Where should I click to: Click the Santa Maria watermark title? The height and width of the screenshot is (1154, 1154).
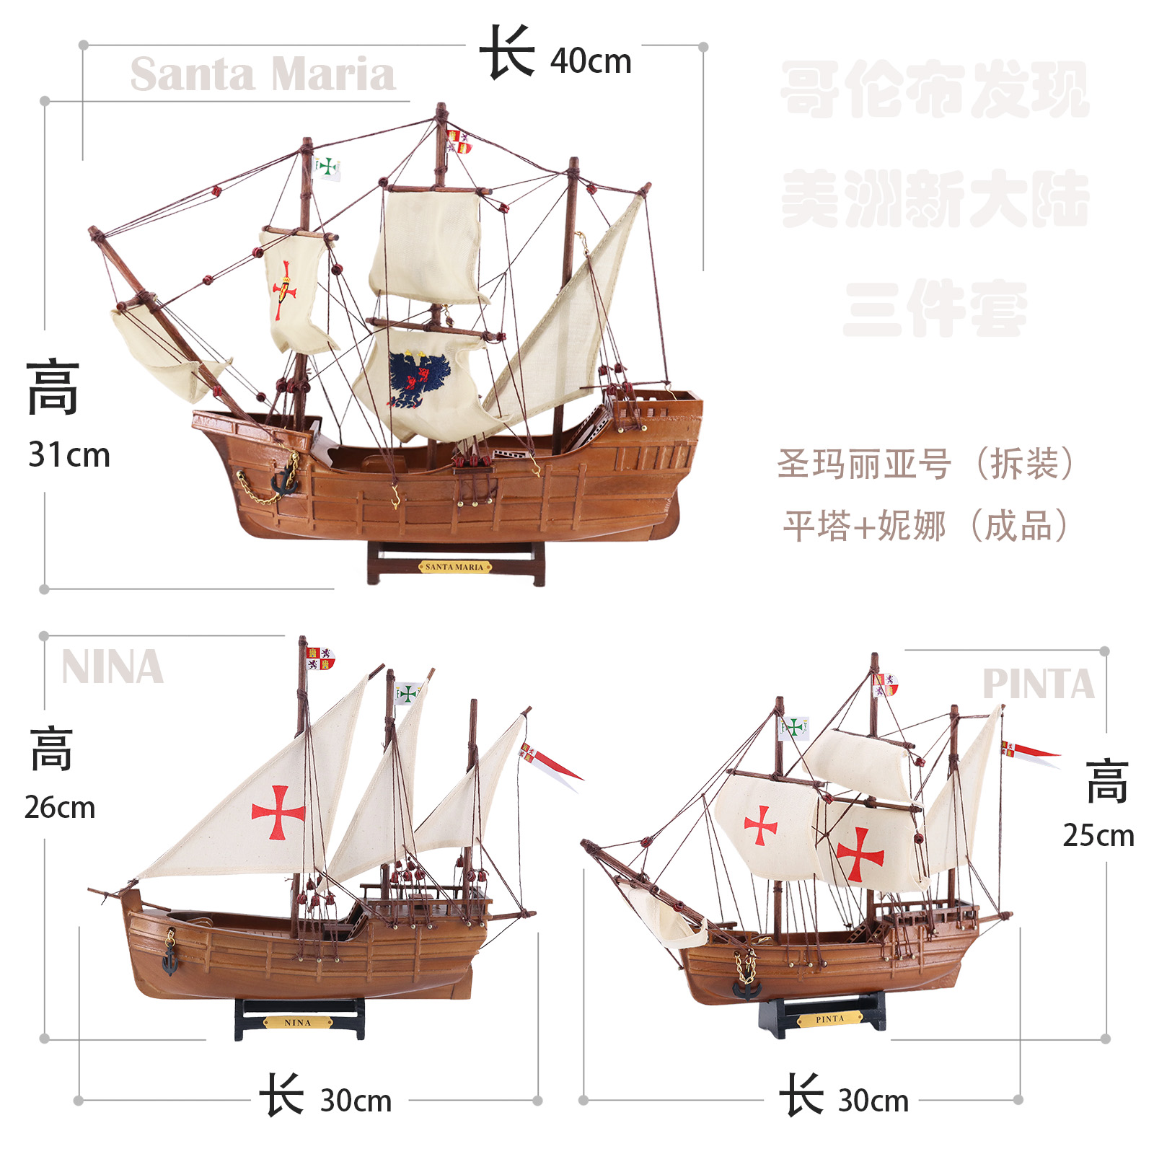pyautogui.click(x=263, y=74)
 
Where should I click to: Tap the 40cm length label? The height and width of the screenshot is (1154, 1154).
pyautogui.click(x=590, y=61)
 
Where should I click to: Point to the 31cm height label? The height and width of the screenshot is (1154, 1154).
pyautogui.click(x=69, y=455)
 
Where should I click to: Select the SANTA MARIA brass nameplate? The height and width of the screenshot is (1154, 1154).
pyautogui.click(x=454, y=567)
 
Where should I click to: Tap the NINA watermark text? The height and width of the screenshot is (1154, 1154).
pyautogui.click(x=113, y=667)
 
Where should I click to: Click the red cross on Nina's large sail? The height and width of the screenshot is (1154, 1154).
pyautogui.click(x=278, y=813)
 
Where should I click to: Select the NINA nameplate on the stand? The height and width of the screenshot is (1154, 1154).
pyautogui.click(x=297, y=1022)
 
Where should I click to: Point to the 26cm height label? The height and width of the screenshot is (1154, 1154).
pyautogui.click(x=60, y=807)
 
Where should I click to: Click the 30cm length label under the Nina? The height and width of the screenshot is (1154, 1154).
pyautogui.click(x=356, y=1101)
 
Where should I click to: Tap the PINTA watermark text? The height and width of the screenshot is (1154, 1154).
pyautogui.click(x=1038, y=684)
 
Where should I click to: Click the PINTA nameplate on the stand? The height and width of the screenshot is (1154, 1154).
pyautogui.click(x=829, y=1019)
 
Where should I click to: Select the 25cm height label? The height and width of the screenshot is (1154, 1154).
pyautogui.click(x=1098, y=835)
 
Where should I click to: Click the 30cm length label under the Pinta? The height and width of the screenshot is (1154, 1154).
pyautogui.click(x=873, y=1101)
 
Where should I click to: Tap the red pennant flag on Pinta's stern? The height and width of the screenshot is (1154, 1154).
pyautogui.click(x=1030, y=752)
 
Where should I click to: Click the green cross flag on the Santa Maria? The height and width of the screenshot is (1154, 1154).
pyautogui.click(x=327, y=167)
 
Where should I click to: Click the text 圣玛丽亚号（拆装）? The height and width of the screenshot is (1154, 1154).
pyautogui.click(x=925, y=464)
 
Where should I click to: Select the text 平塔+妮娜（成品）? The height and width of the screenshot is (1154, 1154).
pyautogui.click(x=925, y=526)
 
